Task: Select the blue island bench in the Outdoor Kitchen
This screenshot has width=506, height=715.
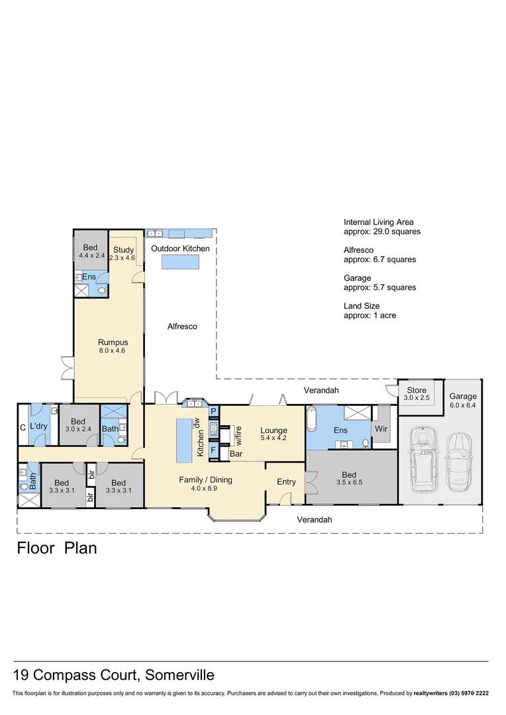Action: point(180,262)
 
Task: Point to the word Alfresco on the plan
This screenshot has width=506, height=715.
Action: point(182,326)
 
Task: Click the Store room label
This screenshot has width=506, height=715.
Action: point(417,390)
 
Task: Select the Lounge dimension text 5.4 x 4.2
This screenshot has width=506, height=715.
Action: point(273,438)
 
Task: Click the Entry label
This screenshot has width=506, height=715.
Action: point(286,481)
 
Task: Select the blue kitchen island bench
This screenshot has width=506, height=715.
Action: point(183,441)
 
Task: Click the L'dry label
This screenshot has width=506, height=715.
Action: point(38,426)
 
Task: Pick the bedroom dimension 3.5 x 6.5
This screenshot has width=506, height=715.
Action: point(348,484)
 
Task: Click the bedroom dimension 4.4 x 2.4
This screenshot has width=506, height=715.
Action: point(91,255)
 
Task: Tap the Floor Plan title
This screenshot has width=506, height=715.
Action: point(57,548)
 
